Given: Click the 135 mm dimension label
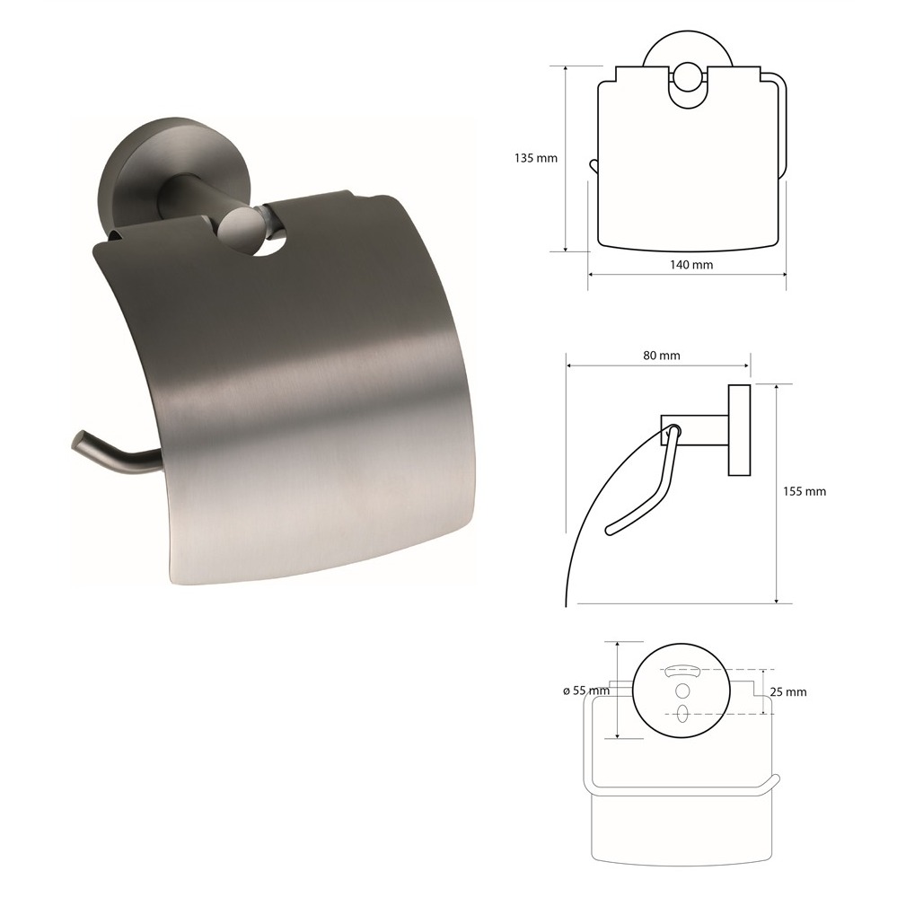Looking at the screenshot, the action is point(535,158).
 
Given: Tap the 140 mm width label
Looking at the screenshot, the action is point(691,265).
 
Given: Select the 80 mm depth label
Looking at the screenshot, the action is point(662,356).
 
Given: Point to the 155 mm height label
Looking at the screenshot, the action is point(805,491).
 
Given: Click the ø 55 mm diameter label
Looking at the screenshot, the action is point(586,691).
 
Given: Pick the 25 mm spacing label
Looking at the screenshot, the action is point(788,692).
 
